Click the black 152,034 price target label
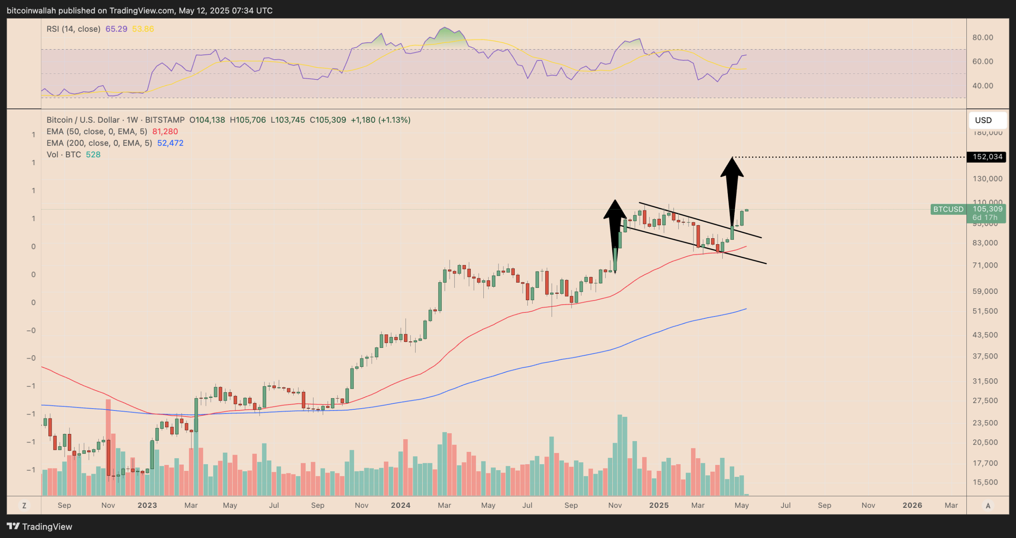click(987, 157)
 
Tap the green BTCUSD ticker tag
click(948, 209)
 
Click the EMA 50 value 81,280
click(165, 131)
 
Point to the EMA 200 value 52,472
click(170, 143)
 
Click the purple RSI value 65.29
click(116, 29)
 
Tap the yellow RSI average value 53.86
click(143, 29)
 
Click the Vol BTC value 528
click(93, 154)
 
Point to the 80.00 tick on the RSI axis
click(983, 37)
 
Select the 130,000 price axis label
click(987, 179)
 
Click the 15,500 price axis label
click(985, 482)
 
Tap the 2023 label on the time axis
click(147, 505)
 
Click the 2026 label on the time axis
click(912, 505)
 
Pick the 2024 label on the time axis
click(400, 505)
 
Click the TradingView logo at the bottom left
click(40, 526)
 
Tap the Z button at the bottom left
click(24, 505)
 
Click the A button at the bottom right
click(988, 505)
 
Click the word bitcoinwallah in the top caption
click(31, 11)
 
